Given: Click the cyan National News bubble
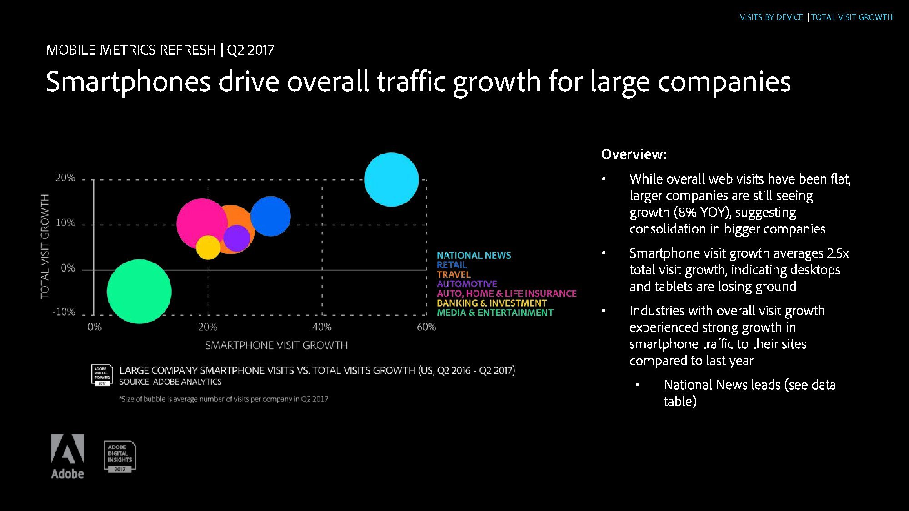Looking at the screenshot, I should coord(391,179).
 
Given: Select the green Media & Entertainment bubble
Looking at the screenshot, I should coord(139,291).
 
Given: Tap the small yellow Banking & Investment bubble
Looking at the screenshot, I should coord(208,248).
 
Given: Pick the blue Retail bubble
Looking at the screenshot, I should coord(271,216).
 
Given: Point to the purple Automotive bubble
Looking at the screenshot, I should coord(237,238).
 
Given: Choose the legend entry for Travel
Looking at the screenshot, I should coord(454,274).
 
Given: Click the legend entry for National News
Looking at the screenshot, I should coord(474,255).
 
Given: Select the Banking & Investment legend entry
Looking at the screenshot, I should coord(491,303).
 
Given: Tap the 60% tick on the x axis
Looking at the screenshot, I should coord(426,327).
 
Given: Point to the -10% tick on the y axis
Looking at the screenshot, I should coord(64,312).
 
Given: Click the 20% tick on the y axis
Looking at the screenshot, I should coord(65,178).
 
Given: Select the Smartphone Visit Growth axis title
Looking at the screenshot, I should coord(276,345).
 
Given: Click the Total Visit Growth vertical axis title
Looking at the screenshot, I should coord(45,246).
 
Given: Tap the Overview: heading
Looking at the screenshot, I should coord(634,154).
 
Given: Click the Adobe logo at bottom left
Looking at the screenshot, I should coord(67,456).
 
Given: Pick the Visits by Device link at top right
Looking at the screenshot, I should coord(771,17).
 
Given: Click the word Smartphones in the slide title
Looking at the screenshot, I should coord(128,82).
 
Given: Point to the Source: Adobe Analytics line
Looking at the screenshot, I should coord(170,382).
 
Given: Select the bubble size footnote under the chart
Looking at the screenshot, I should coord(224,399).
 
